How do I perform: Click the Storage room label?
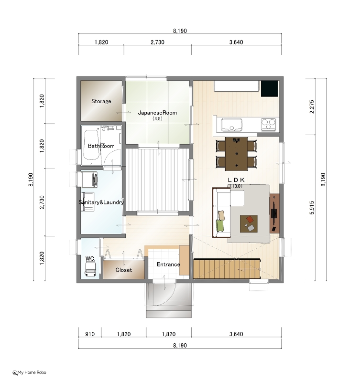pos(101,101)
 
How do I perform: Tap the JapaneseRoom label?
pos(157,113)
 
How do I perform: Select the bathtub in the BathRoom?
pos(91,145)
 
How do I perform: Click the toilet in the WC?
pos(90,270)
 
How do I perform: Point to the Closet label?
pos(124,270)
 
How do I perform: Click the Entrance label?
pos(168,265)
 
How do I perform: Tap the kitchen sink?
pos(232,125)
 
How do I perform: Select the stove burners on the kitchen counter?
pos(269,125)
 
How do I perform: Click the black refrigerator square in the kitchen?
pos(270,88)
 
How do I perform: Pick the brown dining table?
pos(236,154)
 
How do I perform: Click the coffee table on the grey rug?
pos(249,223)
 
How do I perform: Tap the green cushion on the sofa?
pos(220,225)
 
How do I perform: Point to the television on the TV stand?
pos(274,213)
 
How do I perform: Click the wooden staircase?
pos(227,268)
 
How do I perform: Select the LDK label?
pos(236,180)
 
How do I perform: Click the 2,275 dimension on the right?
pos(312,106)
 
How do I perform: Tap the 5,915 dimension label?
pos(312,208)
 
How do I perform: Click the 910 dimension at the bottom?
pos(90,334)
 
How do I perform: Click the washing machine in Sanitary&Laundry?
pos(89,180)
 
